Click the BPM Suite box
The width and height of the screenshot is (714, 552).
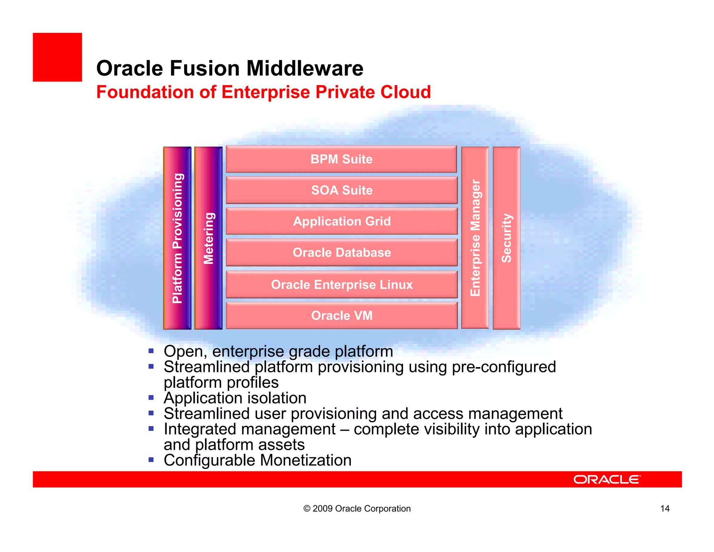[341, 159]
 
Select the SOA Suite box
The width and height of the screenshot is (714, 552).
[341, 190]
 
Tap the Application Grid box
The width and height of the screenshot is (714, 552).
[341, 221]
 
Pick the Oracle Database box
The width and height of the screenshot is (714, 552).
[341, 252]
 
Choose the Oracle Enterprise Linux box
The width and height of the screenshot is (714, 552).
[341, 284]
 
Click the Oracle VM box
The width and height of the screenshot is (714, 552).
[341, 315]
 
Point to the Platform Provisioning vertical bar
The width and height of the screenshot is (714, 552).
[177, 238]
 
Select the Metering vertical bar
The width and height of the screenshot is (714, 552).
[208, 238]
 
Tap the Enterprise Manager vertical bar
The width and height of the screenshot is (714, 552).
[475, 238]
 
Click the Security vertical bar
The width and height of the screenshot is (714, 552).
[506, 238]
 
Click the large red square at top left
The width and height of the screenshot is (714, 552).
[57, 57]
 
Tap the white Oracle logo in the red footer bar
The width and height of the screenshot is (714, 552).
[607, 479]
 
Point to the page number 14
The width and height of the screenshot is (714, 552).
[664, 508]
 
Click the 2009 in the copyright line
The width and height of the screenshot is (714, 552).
[322, 508]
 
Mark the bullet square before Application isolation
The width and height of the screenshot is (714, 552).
[151, 397]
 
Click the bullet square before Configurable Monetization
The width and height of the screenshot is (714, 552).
[151, 460]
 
